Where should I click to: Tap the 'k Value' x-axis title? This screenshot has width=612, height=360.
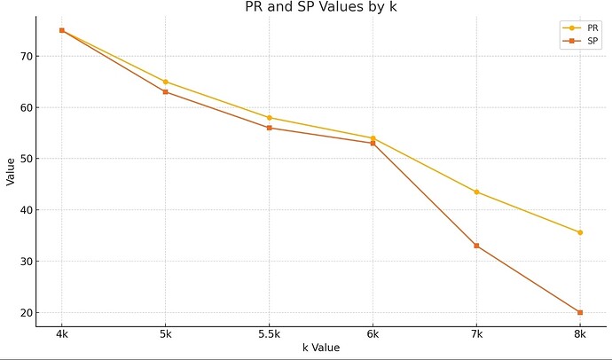[x=320, y=348]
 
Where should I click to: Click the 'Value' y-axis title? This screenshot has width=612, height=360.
[x=10, y=171]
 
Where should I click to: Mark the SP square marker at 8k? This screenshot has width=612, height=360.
[x=580, y=312]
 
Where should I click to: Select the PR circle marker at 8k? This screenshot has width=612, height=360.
[x=580, y=232]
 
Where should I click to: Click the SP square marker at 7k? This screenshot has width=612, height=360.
[x=476, y=246]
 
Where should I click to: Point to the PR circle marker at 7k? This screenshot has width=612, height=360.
[x=476, y=192]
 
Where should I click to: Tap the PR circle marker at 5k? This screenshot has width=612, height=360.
[x=165, y=82]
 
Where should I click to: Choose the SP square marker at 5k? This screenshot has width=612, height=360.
[x=165, y=91]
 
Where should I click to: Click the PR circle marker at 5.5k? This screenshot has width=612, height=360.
[x=269, y=117]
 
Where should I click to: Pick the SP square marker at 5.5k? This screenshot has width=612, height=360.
[x=269, y=128]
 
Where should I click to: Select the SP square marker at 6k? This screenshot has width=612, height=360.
[x=373, y=143]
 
